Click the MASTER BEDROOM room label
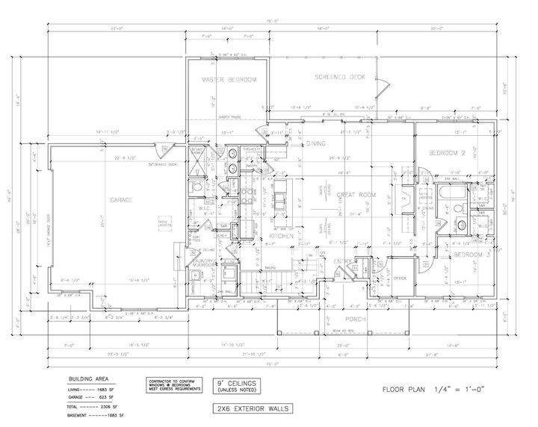point(230,79)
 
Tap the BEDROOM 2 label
point(447,153)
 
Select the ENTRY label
point(343,261)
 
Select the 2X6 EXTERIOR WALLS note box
point(248,408)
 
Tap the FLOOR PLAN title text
point(411,389)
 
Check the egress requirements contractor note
point(173,384)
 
